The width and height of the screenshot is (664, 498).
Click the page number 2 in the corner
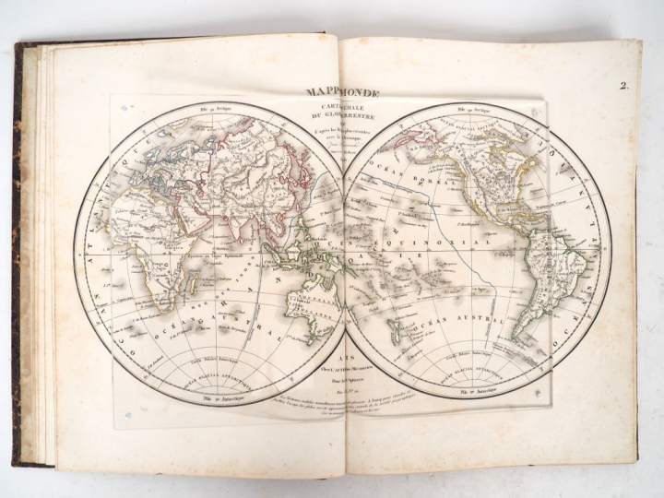[x=623, y=89]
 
